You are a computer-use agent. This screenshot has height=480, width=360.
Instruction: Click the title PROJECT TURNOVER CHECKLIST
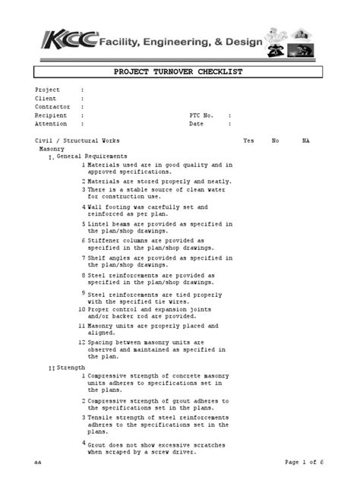click(178, 71)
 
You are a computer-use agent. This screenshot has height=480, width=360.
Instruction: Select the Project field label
click(47, 90)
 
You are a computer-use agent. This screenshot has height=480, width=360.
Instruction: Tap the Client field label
click(46, 98)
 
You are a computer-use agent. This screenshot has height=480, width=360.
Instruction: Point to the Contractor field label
click(51, 107)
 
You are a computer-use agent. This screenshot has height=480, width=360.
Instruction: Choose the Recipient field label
click(49, 115)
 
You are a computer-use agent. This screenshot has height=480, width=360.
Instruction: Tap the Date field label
click(196, 123)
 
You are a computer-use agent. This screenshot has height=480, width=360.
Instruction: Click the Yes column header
click(248, 141)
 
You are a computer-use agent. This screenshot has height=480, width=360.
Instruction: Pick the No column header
click(275, 141)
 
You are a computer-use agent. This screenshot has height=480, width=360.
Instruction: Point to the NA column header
click(305, 141)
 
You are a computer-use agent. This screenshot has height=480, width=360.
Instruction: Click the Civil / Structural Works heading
click(77, 141)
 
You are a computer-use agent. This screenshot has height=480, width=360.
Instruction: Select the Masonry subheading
click(52, 150)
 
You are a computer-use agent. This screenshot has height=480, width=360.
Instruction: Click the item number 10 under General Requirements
click(81, 310)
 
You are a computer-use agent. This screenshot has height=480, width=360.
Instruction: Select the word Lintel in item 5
click(99, 225)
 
